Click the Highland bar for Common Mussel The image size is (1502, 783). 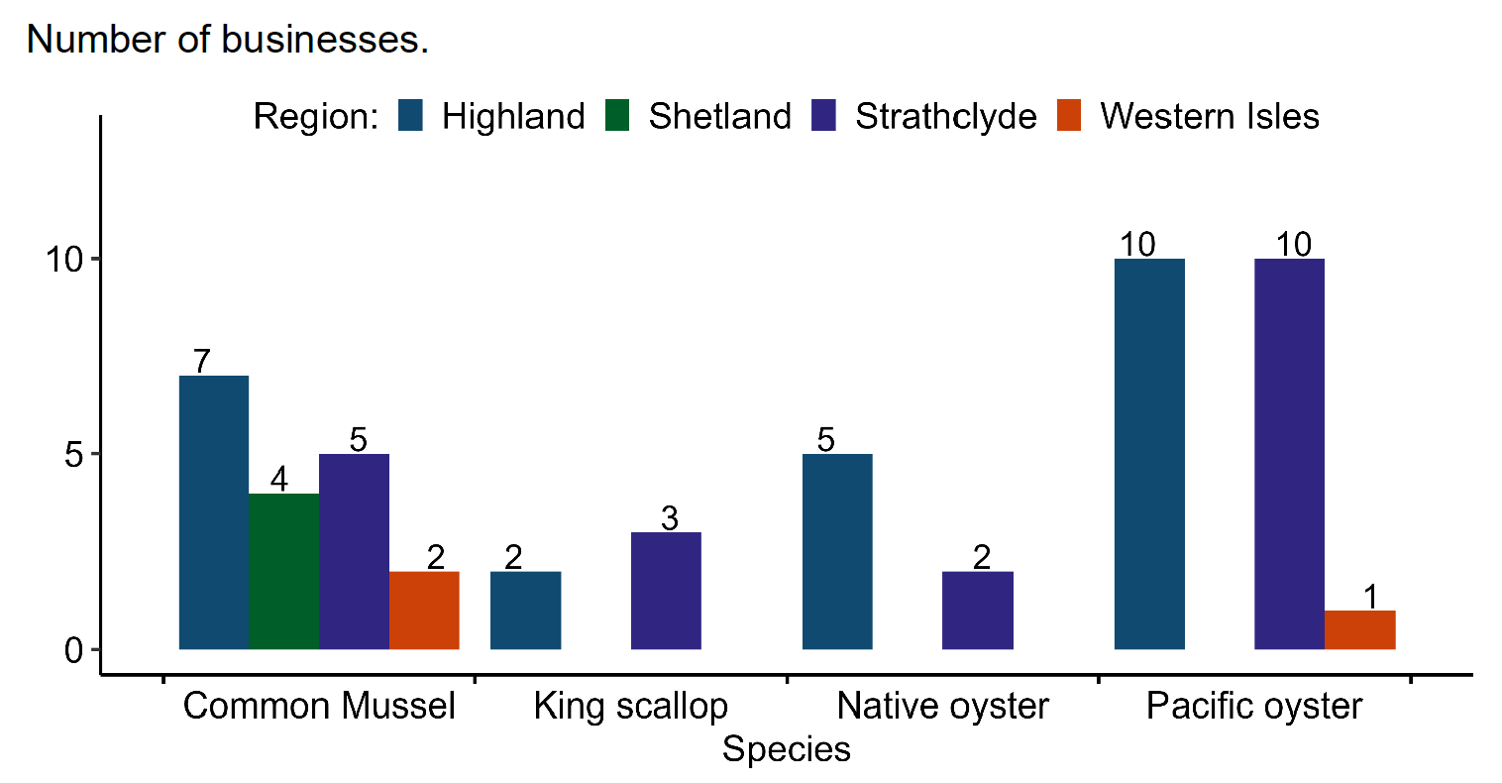213,512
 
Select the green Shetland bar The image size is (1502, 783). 283,571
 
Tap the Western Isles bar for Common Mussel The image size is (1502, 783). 424,611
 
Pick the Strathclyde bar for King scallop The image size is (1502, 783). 666,591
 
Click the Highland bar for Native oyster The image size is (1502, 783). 837,551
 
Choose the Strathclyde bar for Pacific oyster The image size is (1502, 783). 1289,454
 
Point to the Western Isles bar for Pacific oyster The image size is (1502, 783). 1359,630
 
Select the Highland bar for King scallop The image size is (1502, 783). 525,611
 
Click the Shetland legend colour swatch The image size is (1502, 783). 617,116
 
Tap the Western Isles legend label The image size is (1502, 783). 1209,116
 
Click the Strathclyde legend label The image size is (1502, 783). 945,116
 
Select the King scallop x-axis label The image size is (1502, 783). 630,707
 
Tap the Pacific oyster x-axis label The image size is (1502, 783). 1254,707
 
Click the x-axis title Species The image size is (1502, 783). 786,749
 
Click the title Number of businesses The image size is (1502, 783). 227,40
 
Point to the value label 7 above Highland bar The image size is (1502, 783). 202,361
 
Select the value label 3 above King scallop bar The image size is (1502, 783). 670,517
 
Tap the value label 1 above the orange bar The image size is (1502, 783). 1370,597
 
